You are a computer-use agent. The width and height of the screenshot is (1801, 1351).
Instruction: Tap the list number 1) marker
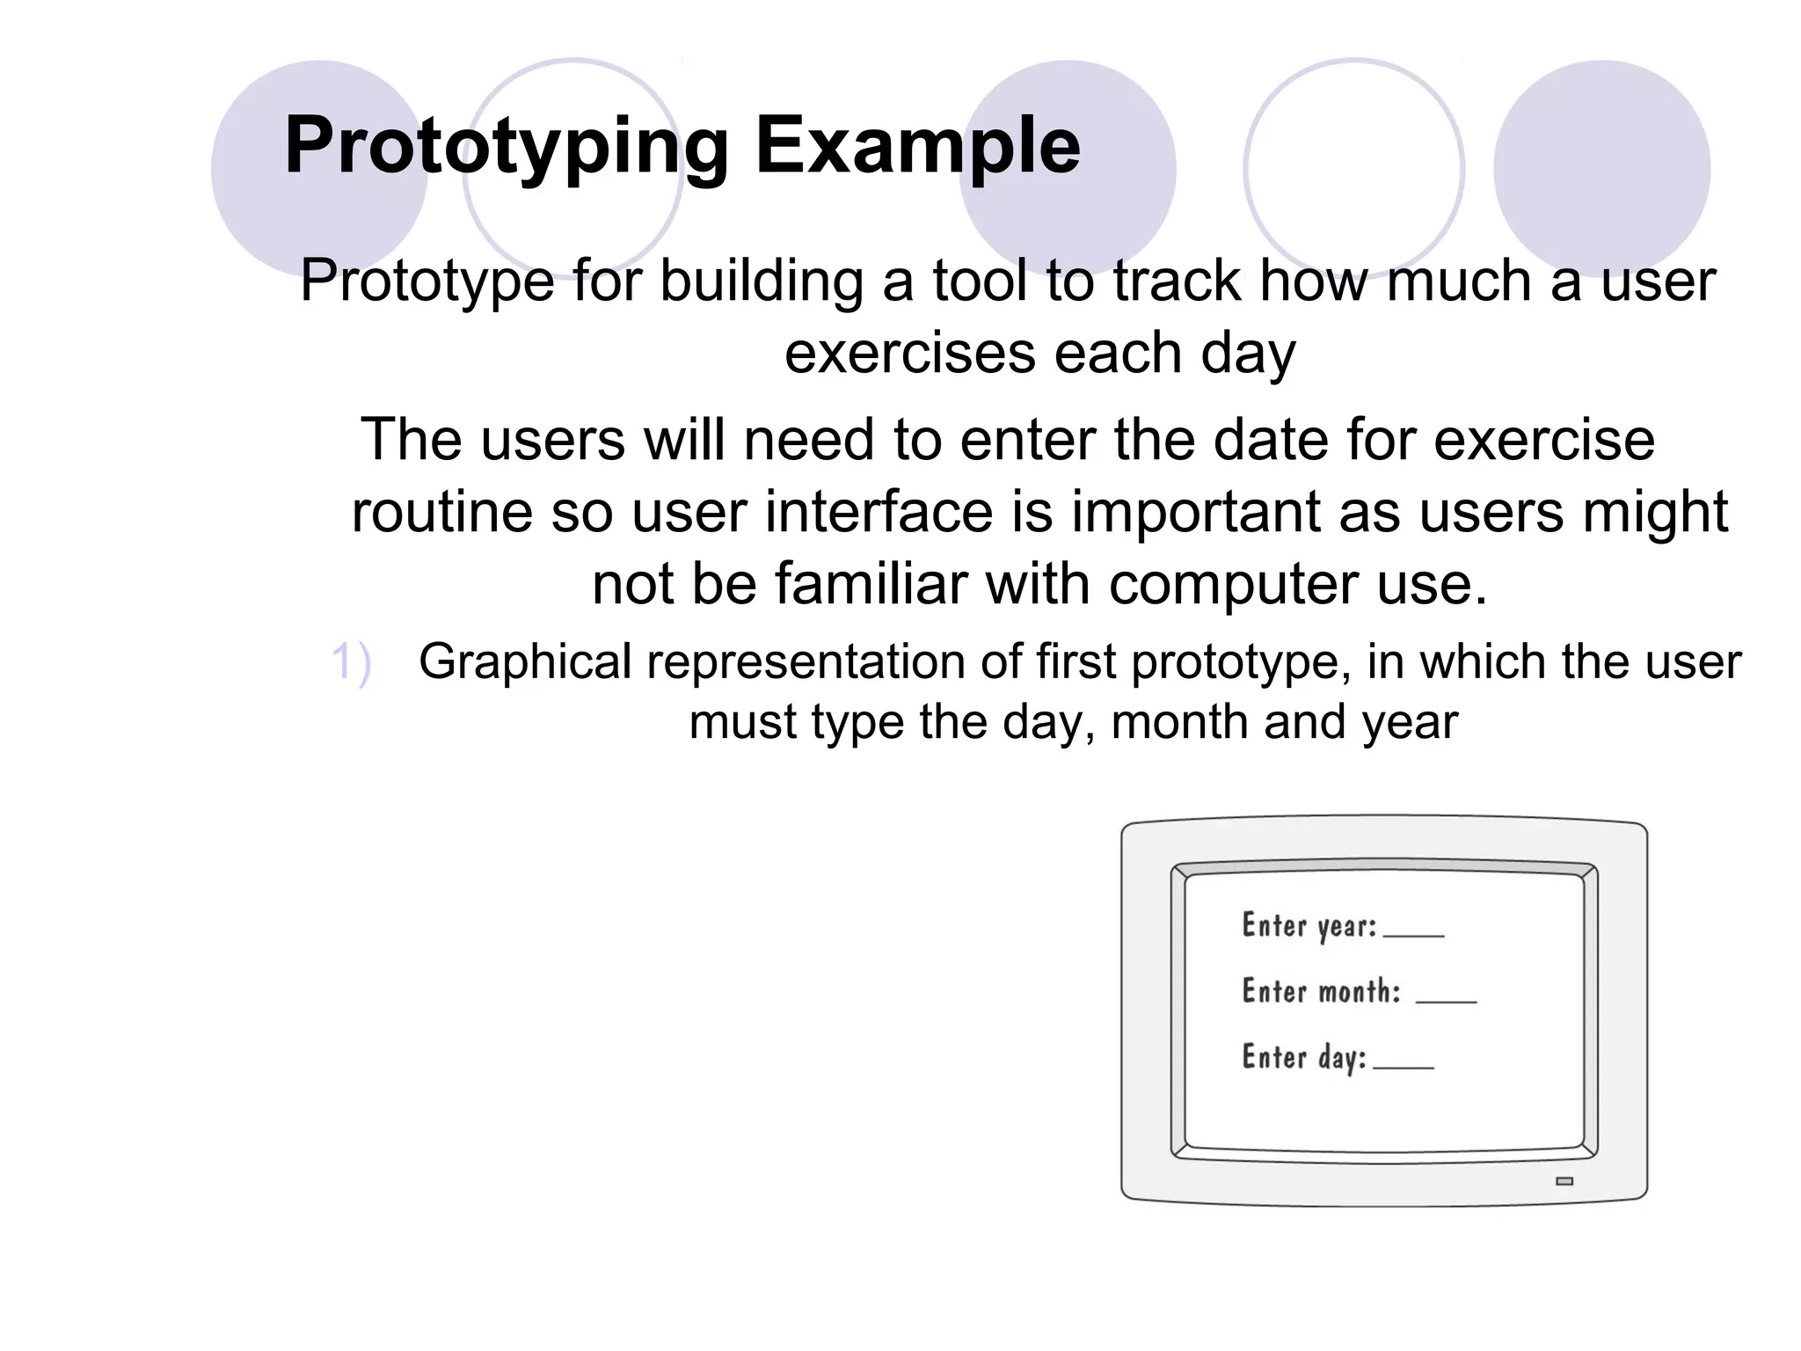(351, 661)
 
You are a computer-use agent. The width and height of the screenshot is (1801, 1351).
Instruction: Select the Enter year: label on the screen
(1309, 926)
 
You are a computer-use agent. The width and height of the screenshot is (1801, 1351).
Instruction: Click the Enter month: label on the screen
(1320, 991)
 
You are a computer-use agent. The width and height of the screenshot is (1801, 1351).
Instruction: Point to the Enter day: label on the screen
(1303, 1057)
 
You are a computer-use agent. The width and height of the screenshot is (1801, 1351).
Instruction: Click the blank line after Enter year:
(1413, 934)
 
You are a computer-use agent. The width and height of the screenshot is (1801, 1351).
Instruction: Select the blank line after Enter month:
(1446, 1000)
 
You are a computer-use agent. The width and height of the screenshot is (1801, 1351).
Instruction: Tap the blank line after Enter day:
(1403, 1066)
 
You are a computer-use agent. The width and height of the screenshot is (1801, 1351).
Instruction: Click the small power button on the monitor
(1564, 1181)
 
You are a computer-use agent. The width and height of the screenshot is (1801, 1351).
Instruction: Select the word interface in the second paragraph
(879, 512)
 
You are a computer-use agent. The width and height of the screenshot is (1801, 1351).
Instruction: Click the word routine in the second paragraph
(441, 512)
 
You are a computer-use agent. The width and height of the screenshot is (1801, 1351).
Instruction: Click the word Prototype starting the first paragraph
(427, 281)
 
